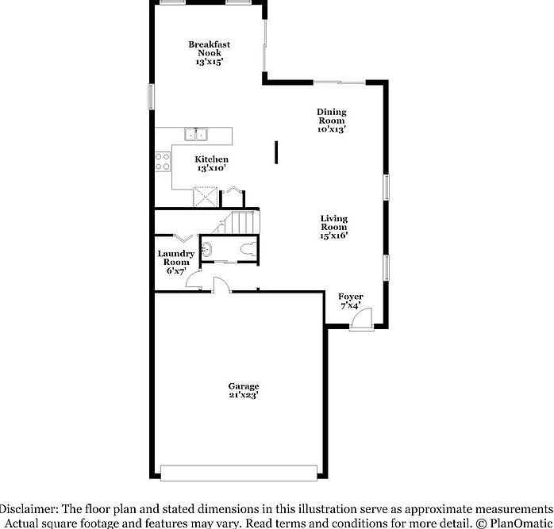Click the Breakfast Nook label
[210, 48]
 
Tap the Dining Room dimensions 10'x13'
[331, 129]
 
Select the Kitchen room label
[212, 159]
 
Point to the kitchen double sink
[195, 134]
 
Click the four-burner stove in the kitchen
[164, 162]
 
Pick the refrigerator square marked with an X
[206, 195]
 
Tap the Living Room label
[333, 223]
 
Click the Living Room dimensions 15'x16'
[333, 235]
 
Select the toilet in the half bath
[248, 249]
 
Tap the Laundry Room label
[176, 258]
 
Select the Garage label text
[244, 386]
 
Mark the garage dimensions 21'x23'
[244, 395]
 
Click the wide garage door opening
[238, 473]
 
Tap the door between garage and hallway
[221, 285]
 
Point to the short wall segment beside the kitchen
[275, 151]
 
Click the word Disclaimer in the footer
[29, 508]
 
